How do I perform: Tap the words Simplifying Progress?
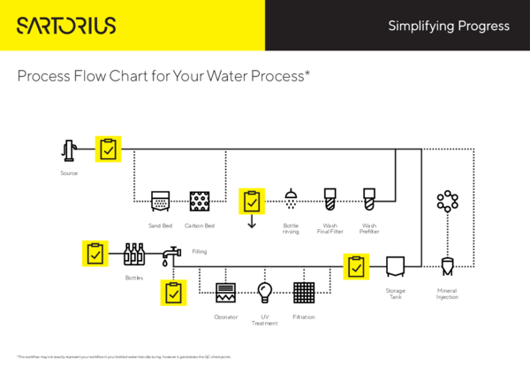point(449,26)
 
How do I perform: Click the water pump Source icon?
point(70,151)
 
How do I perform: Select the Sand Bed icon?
point(161,201)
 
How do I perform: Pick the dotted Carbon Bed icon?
point(200,201)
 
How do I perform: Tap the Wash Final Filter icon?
point(330,199)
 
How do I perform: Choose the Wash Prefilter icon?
point(369,199)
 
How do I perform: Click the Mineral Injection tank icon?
point(447,265)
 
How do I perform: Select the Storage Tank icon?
point(395,265)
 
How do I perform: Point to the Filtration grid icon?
point(304,293)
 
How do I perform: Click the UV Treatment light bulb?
point(264,292)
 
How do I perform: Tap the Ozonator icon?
point(225,293)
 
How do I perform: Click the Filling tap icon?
point(170,255)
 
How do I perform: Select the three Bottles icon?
point(133,255)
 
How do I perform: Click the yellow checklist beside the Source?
point(108,149)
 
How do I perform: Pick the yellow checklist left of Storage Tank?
point(356,266)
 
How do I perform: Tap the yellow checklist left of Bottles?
point(95,254)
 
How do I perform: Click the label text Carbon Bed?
point(200,226)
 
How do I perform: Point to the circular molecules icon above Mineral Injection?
point(447,201)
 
